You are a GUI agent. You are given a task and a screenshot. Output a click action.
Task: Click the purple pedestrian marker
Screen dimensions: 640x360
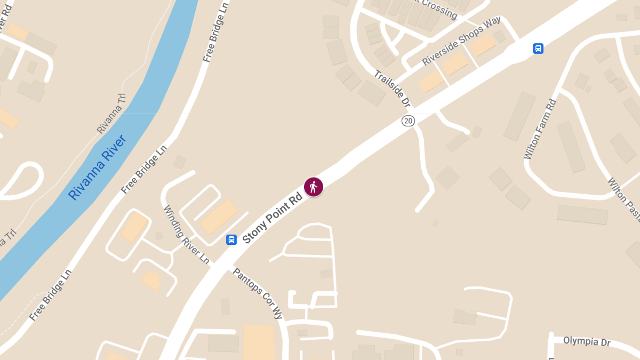click(314, 187)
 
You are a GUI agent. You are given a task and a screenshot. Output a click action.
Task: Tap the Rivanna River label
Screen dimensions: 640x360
click(97, 167)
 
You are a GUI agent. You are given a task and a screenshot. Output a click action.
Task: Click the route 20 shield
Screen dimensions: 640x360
click(408, 121)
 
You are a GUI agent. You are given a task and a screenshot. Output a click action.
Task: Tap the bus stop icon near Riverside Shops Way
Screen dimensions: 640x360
click(538, 49)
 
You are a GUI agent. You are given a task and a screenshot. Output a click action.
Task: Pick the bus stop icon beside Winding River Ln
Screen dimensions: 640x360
click(231, 239)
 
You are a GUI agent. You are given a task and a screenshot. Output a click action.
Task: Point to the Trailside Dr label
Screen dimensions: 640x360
click(392, 88)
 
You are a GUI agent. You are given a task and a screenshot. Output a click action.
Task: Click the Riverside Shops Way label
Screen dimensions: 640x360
click(461, 41)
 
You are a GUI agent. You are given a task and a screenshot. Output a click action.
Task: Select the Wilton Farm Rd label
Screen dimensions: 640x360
click(540, 129)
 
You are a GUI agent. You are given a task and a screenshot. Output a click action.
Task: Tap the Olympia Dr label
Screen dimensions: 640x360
click(587, 341)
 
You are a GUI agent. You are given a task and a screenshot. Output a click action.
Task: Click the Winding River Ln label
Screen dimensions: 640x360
click(186, 235)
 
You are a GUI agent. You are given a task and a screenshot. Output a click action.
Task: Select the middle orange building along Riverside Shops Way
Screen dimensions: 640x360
click(455, 64)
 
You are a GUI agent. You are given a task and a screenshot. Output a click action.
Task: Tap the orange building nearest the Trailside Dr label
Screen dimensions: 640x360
click(430, 81)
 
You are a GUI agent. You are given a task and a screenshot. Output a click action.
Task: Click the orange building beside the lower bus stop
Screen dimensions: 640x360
click(219, 217)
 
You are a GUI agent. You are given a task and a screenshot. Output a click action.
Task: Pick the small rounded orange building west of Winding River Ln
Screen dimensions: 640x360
click(151, 281)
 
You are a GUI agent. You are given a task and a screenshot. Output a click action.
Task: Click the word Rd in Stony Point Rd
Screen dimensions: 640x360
click(295, 199)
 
